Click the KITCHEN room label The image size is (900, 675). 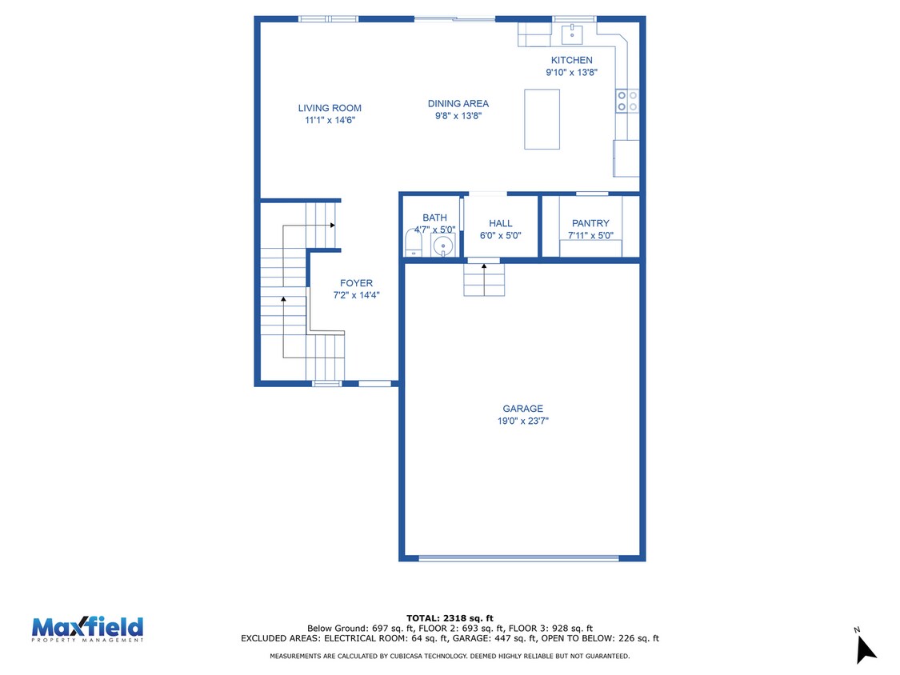(572, 60)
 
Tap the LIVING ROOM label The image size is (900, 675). (330, 108)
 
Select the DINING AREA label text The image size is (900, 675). (458, 104)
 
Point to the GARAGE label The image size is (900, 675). (523, 409)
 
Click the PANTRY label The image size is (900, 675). (590, 223)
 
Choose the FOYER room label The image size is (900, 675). (357, 283)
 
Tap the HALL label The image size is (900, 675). (501, 223)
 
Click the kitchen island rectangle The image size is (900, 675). (542, 119)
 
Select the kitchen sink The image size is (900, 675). (572, 34)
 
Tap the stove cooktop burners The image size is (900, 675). (626, 101)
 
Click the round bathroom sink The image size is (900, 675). (443, 246)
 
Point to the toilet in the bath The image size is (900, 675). (414, 243)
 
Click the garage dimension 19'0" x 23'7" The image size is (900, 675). (523, 421)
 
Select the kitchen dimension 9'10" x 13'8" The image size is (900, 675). (572, 72)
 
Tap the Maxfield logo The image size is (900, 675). (87, 629)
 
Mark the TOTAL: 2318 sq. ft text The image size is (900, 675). (450, 618)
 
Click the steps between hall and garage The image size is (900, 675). (484, 280)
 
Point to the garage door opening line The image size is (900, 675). (519, 558)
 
